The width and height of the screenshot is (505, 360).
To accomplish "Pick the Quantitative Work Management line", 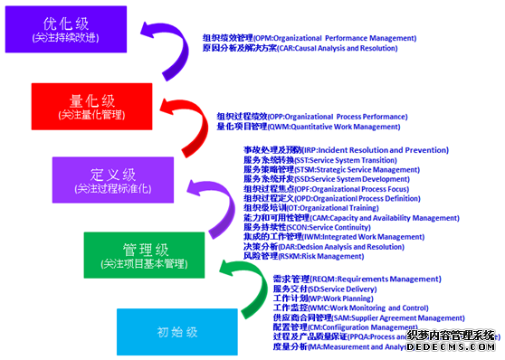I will click(308, 128).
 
